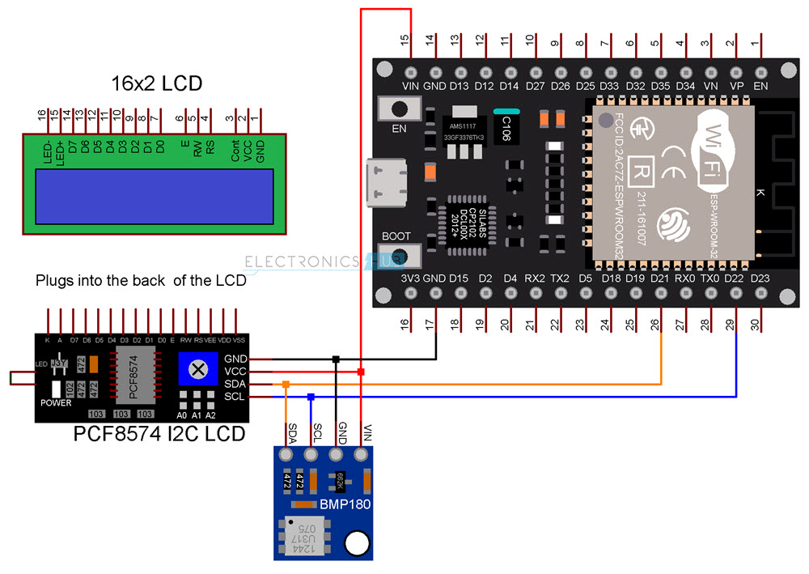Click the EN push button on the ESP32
(399, 108)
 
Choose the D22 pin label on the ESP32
(735, 278)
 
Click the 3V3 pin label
(410, 278)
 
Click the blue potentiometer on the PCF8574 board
(195, 371)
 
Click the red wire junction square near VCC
(361, 372)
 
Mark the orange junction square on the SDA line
(286, 385)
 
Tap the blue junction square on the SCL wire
(311, 397)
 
